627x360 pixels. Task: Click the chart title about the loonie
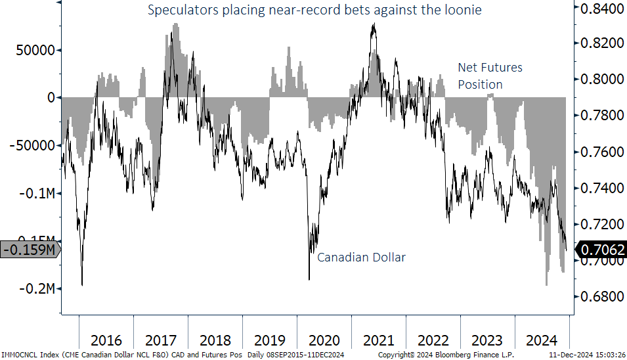click(315, 11)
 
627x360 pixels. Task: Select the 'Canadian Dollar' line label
click(361, 257)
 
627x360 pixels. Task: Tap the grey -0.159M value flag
click(29, 250)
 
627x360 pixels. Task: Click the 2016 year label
click(106, 340)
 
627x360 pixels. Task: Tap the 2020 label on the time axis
click(324, 340)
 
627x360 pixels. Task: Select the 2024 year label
click(542, 340)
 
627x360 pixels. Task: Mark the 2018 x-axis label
click(215, 340)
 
